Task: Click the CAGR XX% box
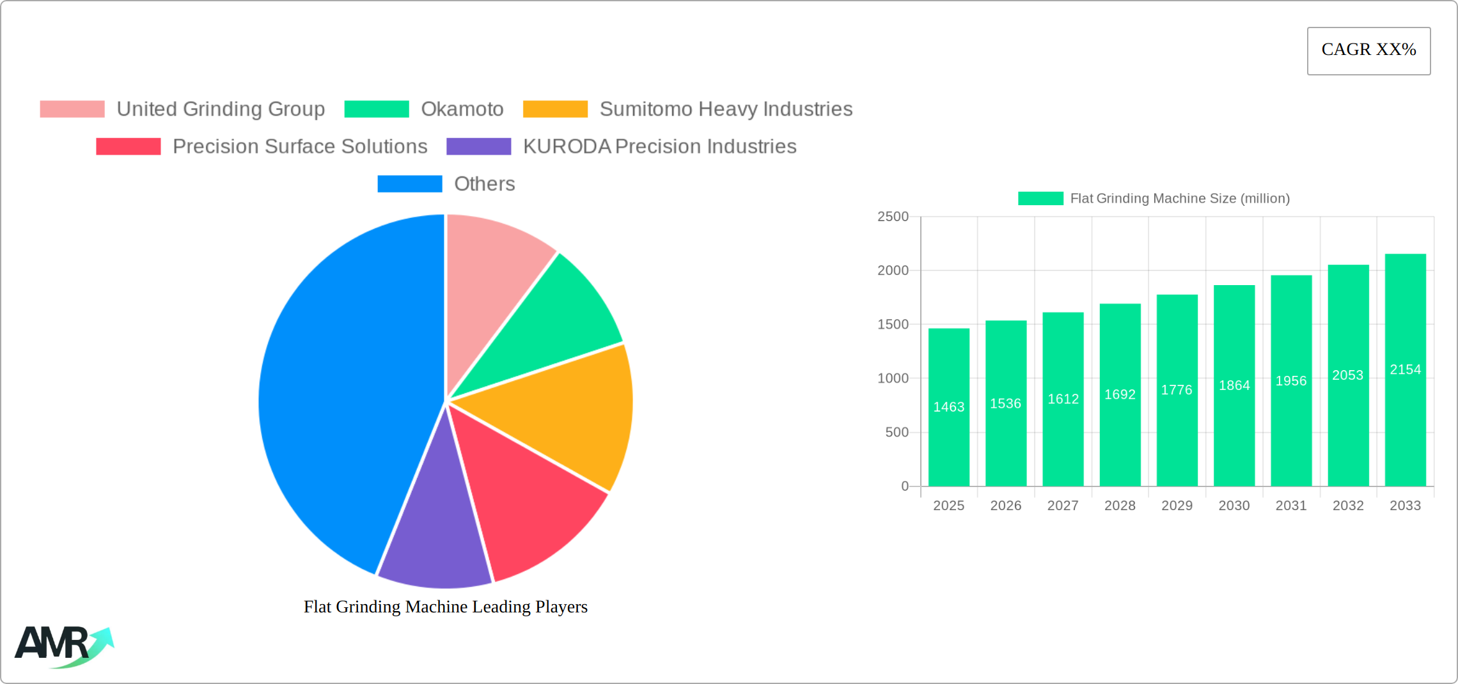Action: [x=1368, y=51]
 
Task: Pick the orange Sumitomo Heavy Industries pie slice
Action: [x=563, y=416]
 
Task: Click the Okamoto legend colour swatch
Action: [x=377, y=109]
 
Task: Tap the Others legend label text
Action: [x=484, y=184]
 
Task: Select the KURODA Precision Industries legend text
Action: [x=659, y=146]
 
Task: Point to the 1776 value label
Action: [x=1177, y=390]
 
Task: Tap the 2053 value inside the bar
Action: [x=1348, y=375]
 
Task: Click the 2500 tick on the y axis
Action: [x=893, y=217]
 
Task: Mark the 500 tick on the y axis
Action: [x=897, y=433]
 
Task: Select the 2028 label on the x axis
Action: [x=1120, y=506]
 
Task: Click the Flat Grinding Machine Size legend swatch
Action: [x=1040, y=199]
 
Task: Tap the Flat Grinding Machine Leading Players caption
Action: [x=445, y=607]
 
